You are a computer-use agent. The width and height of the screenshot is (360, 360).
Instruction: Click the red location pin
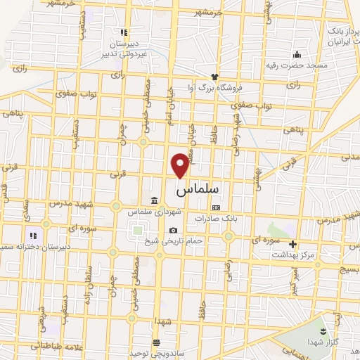pos(181,164)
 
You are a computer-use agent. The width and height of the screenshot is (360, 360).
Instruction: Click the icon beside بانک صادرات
pos(216,207)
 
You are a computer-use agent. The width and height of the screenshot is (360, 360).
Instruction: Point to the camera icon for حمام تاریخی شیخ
pos(173,231)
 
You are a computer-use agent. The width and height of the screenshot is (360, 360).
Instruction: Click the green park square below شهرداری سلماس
pos(136,230)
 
